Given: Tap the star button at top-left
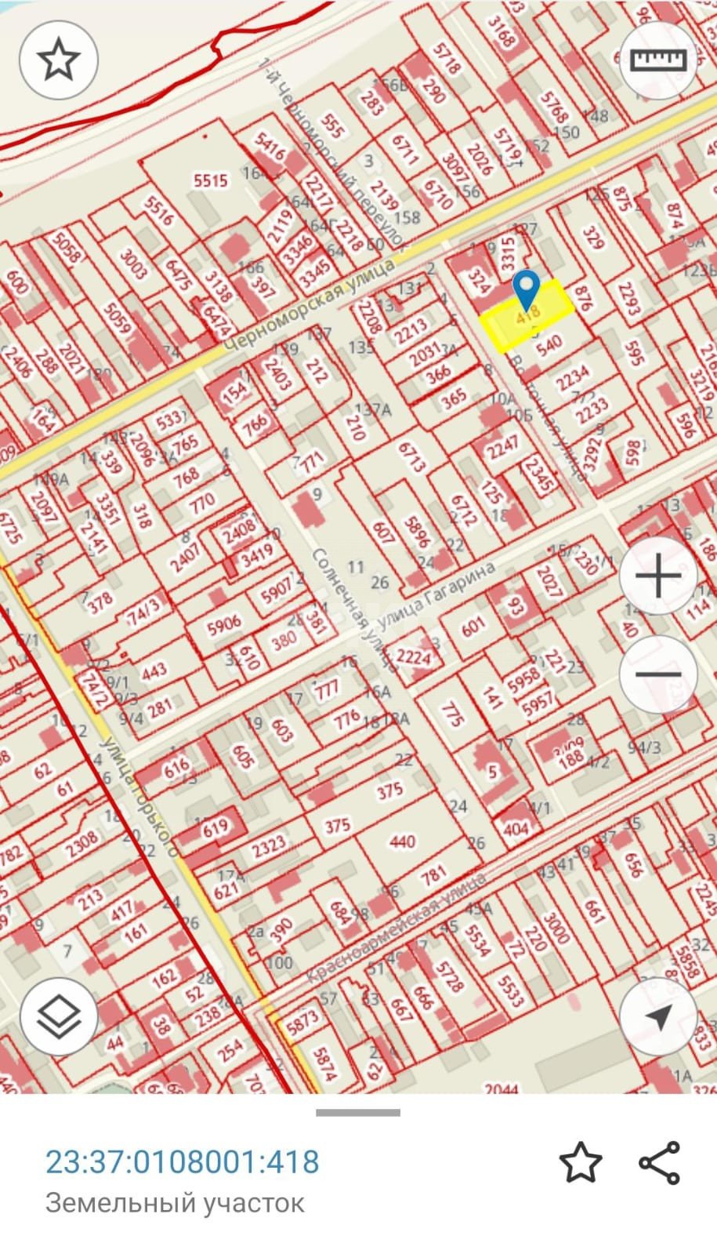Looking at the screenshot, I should (59, 60).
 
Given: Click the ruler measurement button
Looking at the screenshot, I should (658, 60).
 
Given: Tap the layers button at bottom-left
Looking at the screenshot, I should (59, 1017).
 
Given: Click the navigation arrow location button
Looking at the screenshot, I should (658, 1017).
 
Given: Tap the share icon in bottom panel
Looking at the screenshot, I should (659, 1162).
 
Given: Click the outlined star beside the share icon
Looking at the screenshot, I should (581, 1162).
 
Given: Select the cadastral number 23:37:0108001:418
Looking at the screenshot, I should (183, 1161).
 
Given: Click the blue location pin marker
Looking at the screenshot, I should (527, 289).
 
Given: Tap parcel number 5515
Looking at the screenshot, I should (210, 180).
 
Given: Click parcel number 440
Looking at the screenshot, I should (402, 841).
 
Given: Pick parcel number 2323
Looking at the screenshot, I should (269, 845).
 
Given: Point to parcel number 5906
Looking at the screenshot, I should (224, 624).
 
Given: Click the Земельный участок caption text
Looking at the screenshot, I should (175, 1202).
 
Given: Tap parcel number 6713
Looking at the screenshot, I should (411, 457).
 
